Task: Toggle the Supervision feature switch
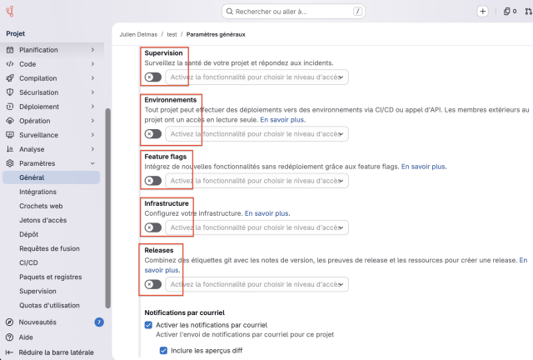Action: click(153, 77)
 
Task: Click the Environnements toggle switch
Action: click(153, 134)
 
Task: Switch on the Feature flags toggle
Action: click(153, 181)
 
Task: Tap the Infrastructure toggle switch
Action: click(153, 227)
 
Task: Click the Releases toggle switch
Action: click(153, 284)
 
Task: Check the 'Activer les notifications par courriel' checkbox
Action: click(148, 325)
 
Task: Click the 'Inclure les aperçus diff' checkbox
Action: click(163, 351)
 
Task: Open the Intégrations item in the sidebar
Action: click(37, 192)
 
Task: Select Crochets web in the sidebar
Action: click(41, 206)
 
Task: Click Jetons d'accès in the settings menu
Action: click(42, 220)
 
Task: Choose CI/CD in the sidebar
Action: click(28, 262)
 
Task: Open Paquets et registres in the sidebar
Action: click(51, 277)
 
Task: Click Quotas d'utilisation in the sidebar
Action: click(49, 305)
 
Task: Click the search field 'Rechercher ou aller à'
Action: click(293, 12)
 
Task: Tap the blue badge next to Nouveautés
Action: click(99, 322)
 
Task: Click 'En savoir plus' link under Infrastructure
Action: click(266, 213)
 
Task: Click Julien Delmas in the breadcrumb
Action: click(138, 34)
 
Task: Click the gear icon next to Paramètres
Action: click(10, 163)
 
